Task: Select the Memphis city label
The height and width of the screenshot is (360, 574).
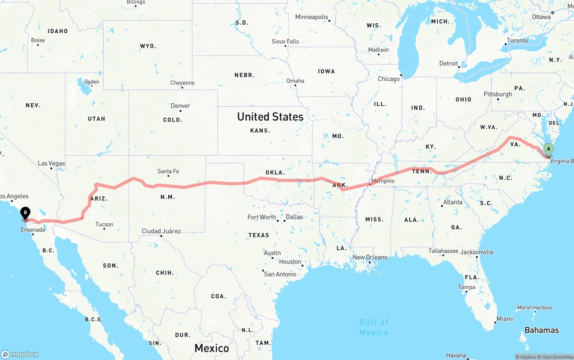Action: click(383, 181)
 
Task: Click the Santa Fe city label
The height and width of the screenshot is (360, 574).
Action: click(168, 171)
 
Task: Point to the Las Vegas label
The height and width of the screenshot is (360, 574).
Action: click(51, 164)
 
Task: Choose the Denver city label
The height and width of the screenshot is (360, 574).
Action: click(180, 106)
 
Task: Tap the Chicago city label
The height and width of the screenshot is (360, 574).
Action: click(388, 79)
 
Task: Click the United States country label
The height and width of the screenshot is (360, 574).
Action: click(270, 117)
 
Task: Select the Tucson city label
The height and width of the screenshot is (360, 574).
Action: click(104, 224)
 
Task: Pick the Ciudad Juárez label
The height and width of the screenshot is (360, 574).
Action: click(161, 231)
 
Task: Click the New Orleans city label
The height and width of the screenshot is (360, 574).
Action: click(370, 257)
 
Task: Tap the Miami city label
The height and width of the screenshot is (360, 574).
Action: click(505, 319)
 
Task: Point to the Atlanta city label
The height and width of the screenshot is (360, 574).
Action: click(452, 202)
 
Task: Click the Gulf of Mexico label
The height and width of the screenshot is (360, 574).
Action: click(374, 327)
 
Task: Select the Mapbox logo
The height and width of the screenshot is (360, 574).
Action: click(20, 354)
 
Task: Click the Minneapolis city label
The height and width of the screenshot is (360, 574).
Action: click(312, 17)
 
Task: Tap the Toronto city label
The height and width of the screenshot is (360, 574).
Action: click(517, 40)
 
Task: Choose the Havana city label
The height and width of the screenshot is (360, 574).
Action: click(456, 356)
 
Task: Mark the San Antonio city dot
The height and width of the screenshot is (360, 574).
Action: click(263, 270)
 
